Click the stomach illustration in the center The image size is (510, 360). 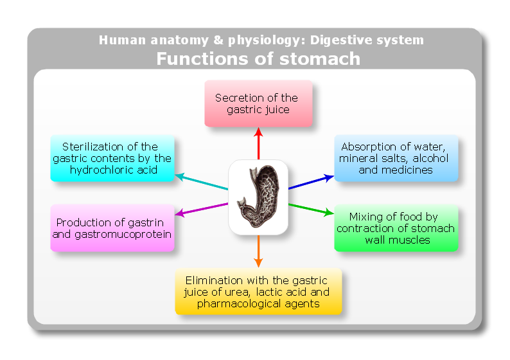[x=258, y=197]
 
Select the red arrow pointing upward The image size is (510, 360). [x=258, y=143]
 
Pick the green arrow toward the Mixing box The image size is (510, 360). [x=311, y=210]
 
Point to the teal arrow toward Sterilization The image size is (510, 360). [x=202, y=181]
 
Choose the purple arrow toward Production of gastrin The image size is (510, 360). [x=202, y=210]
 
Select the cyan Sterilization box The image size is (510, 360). [x=112, y=158]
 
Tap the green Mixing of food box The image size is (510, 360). [x=396, y=228]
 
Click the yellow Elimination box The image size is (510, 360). [x=258, y=292]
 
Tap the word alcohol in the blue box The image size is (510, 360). [x=430, y=158]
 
